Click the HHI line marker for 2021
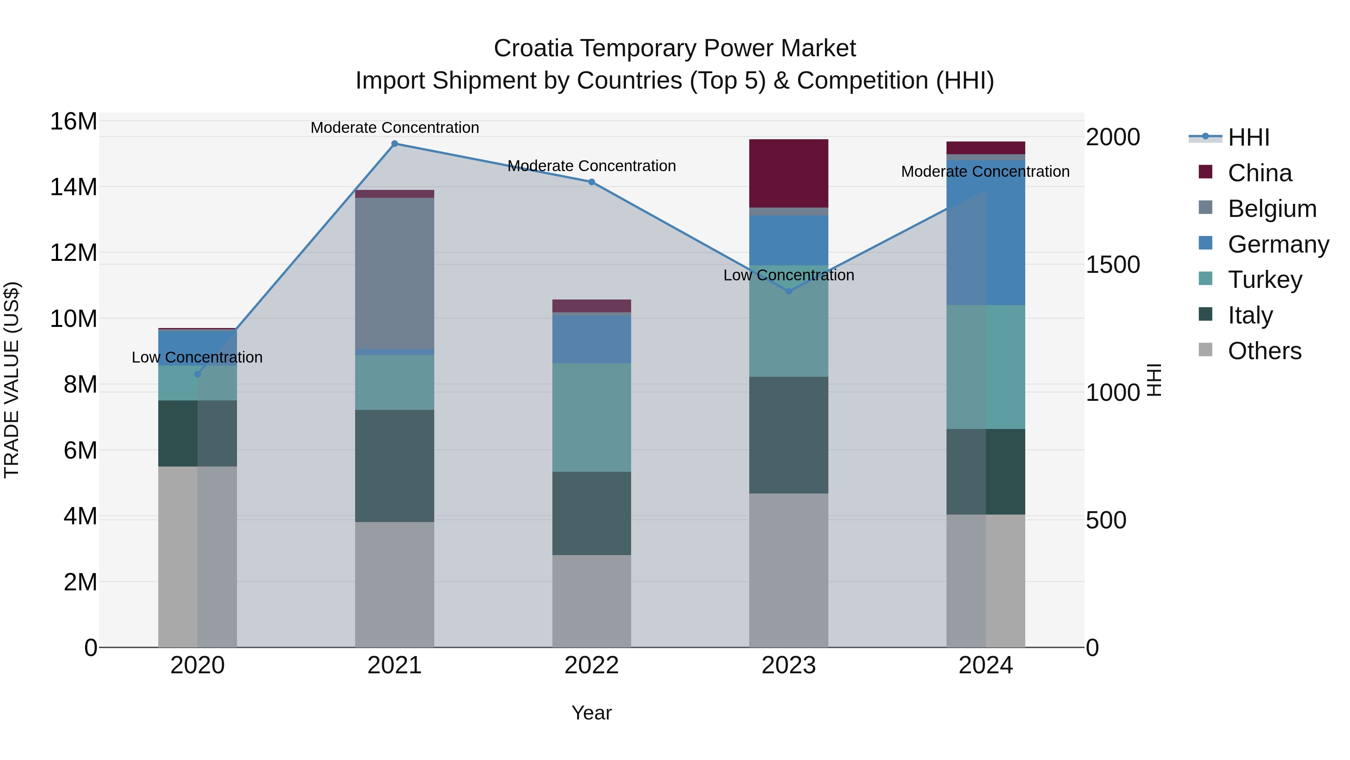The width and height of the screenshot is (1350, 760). [x=394, y=144]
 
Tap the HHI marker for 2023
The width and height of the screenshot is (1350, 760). [x=789, y=291]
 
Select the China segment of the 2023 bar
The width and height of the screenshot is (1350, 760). [x=789, y=173]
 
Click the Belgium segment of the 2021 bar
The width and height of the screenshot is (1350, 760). [x=394, y=273]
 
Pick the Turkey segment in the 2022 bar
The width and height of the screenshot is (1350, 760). [x=592, y=417]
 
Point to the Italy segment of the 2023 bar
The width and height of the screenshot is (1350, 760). [x=789, y=435]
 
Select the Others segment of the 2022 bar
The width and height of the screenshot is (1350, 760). [x=592, y=600]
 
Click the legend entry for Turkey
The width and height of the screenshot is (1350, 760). [x=1264, y=280]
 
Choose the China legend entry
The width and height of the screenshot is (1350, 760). [x=1259, y=173]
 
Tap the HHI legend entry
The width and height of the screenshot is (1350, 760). [x=1248, y=137]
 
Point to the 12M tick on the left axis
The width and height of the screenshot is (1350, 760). [x=73, y=253]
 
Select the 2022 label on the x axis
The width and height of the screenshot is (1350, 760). [x=592, y=665]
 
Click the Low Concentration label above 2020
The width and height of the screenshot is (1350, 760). [x=197, y=357]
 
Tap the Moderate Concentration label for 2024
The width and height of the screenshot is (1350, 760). [x=985, y=172]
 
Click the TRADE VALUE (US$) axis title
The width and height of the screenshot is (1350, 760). [x=12, y=380]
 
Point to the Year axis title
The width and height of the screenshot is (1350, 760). [x=592, y=713]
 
